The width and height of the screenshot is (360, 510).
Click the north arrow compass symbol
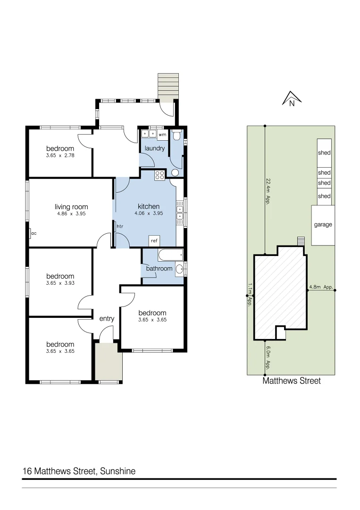point(292,99)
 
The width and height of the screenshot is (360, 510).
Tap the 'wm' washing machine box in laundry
point(162,135)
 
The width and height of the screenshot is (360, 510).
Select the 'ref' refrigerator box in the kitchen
point(154,241)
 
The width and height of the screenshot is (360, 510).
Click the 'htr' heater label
point(120,227)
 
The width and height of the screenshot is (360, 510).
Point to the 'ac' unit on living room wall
point(33,233)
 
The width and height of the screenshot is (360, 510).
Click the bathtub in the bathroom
point(170,255)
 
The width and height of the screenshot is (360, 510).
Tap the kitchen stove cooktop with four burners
point(159,176)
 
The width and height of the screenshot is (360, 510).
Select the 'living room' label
point(71,207)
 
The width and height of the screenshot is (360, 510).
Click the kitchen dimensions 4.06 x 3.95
point(149,214)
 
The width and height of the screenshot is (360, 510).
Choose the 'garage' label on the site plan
point(323,225)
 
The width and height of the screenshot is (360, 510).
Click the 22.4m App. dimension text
point(268,191)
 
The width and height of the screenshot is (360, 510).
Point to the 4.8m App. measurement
point(321,287)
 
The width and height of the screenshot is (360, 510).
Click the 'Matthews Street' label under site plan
point(291,381)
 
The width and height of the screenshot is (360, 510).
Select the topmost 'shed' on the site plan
point(324,153)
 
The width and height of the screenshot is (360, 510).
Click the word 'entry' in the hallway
point(107,319)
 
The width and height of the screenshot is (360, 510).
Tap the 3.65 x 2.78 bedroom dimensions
point(60,155)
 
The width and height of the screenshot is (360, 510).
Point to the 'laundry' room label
point(155,148)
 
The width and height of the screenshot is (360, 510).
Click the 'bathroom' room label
point(159,268)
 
